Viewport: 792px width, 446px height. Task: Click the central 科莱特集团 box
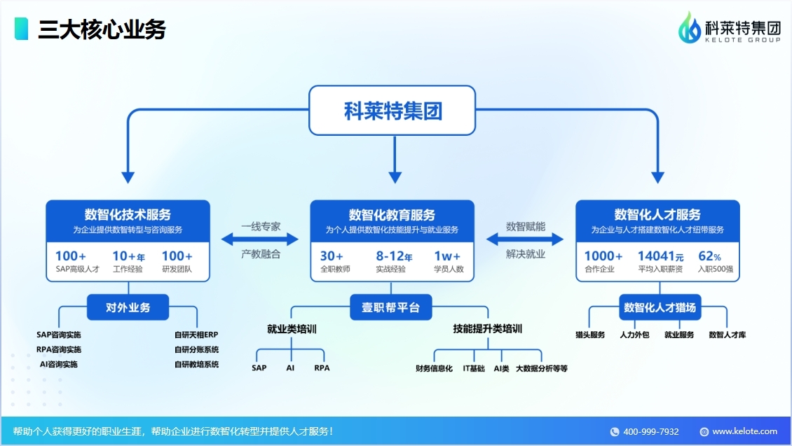click(x=392, y=111)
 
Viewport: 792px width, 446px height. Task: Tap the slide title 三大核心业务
click(x=102, y=29)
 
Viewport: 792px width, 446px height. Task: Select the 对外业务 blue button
click(x=128, y=307)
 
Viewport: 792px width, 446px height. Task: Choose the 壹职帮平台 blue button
click(x=391, y=307)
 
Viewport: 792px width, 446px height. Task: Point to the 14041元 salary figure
click(x=660, y=256)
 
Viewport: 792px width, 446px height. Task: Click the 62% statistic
click(x=709, y=256)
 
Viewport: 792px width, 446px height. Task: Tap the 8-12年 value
click(x=393, y=256)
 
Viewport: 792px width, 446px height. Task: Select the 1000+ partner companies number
click(x=603, y=256)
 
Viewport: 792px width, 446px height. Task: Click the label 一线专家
click(x=261, y=226)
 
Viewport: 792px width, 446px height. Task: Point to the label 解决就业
click(x=526, y=254)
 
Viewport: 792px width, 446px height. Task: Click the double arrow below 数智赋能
click(x=526, y=239)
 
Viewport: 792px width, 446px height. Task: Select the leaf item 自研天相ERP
click(x=196, y=335)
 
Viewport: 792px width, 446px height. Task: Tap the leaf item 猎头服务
click(x=589, y=335)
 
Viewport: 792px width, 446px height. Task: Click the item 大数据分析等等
click(x=542, y=368)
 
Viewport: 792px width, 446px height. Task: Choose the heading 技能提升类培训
click(x=487, y=329)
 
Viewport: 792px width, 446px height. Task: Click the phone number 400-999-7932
click(x=650, y=431)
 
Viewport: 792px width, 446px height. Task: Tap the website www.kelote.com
click(x=744, y=431)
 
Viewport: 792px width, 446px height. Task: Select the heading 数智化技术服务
click(x=128, y=215)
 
